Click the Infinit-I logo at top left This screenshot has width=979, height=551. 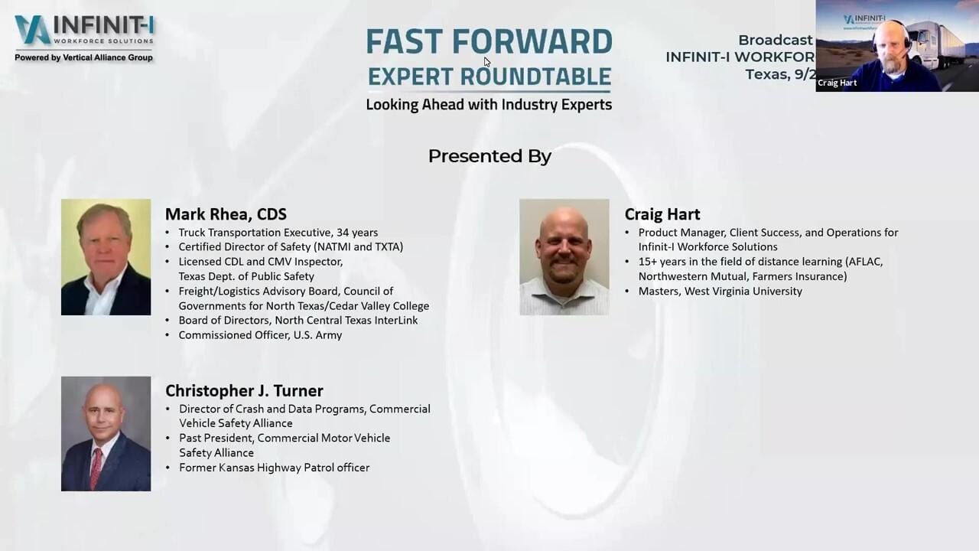pyautogui.click(x=84, y=31)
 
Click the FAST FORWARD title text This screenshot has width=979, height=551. pyautogui.click(x=489, y=42)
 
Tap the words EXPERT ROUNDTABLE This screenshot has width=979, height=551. pyautogui.click(x=489, y=77)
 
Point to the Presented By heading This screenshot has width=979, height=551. pyautogui.click(x=489, y=156)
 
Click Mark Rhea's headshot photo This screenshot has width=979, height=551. pyautogui.click(x=106, y=257)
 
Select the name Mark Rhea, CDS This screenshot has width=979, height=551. pyautogui.click(x=226, y=214)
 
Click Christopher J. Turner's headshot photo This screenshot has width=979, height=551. pyautogui.click(x=106, y=433)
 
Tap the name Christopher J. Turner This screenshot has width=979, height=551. pyautogui.click(x=244, y=391)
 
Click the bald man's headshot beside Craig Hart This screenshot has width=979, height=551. pyautogui.click(x=564, y=257)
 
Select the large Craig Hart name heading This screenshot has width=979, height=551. pyautogui.click(x=662, y=214)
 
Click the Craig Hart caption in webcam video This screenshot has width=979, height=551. pyautogui.click(x=837, y=83)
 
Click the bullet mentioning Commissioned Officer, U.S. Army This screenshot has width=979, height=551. pyautogui.click(x=260, y=335)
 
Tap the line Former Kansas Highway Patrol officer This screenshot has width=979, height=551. pyautogui.click(x=274, y=468)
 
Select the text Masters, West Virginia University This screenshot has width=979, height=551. pyautogui.click(x=720, y=292)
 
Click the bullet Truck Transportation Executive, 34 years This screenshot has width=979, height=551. pyautogui.click(x=278, y=233)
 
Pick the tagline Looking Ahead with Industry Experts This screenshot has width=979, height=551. pyautogui.click(x=489, y=105)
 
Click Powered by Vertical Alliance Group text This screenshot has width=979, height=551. pyautogui.click(x=83, y=57)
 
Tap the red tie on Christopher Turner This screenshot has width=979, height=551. pyautogui.click(x=96, y=468)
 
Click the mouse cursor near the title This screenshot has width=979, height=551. pyautogui.click(x=487, y=62)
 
